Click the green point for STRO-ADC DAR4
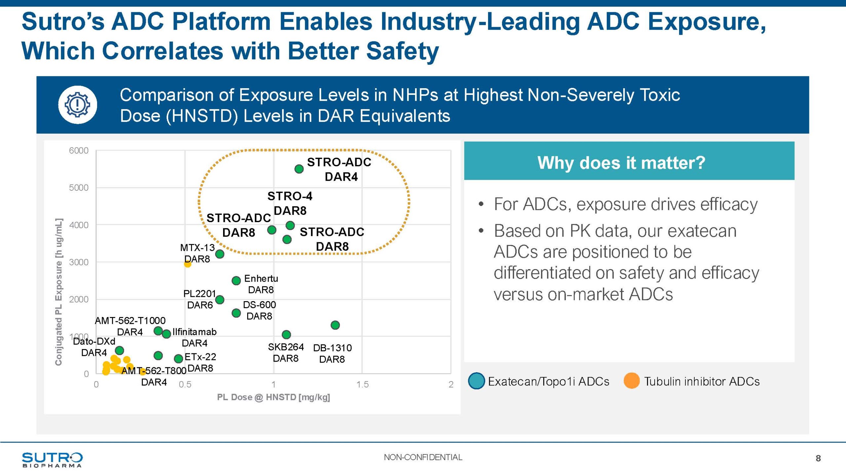click(299, 169)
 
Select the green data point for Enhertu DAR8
click(236, 281)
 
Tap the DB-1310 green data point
click(335, 325)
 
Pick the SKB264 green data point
click(286, 335)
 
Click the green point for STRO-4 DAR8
click(290, 225)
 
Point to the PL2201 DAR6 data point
click(220, 299)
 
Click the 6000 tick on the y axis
click(79, 151)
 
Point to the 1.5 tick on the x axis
click(362, 384)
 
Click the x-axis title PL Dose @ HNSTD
click(273, 397)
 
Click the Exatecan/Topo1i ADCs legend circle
click(476, 381)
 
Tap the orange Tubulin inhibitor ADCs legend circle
click(631, 381)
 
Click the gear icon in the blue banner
click(78, 105)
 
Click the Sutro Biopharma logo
click(52, 459)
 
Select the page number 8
click(818, 458)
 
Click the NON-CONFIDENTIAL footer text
click(423, 457)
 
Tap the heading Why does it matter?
click(621, 163)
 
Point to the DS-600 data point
click(236, 313)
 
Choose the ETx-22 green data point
click(178, 358)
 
